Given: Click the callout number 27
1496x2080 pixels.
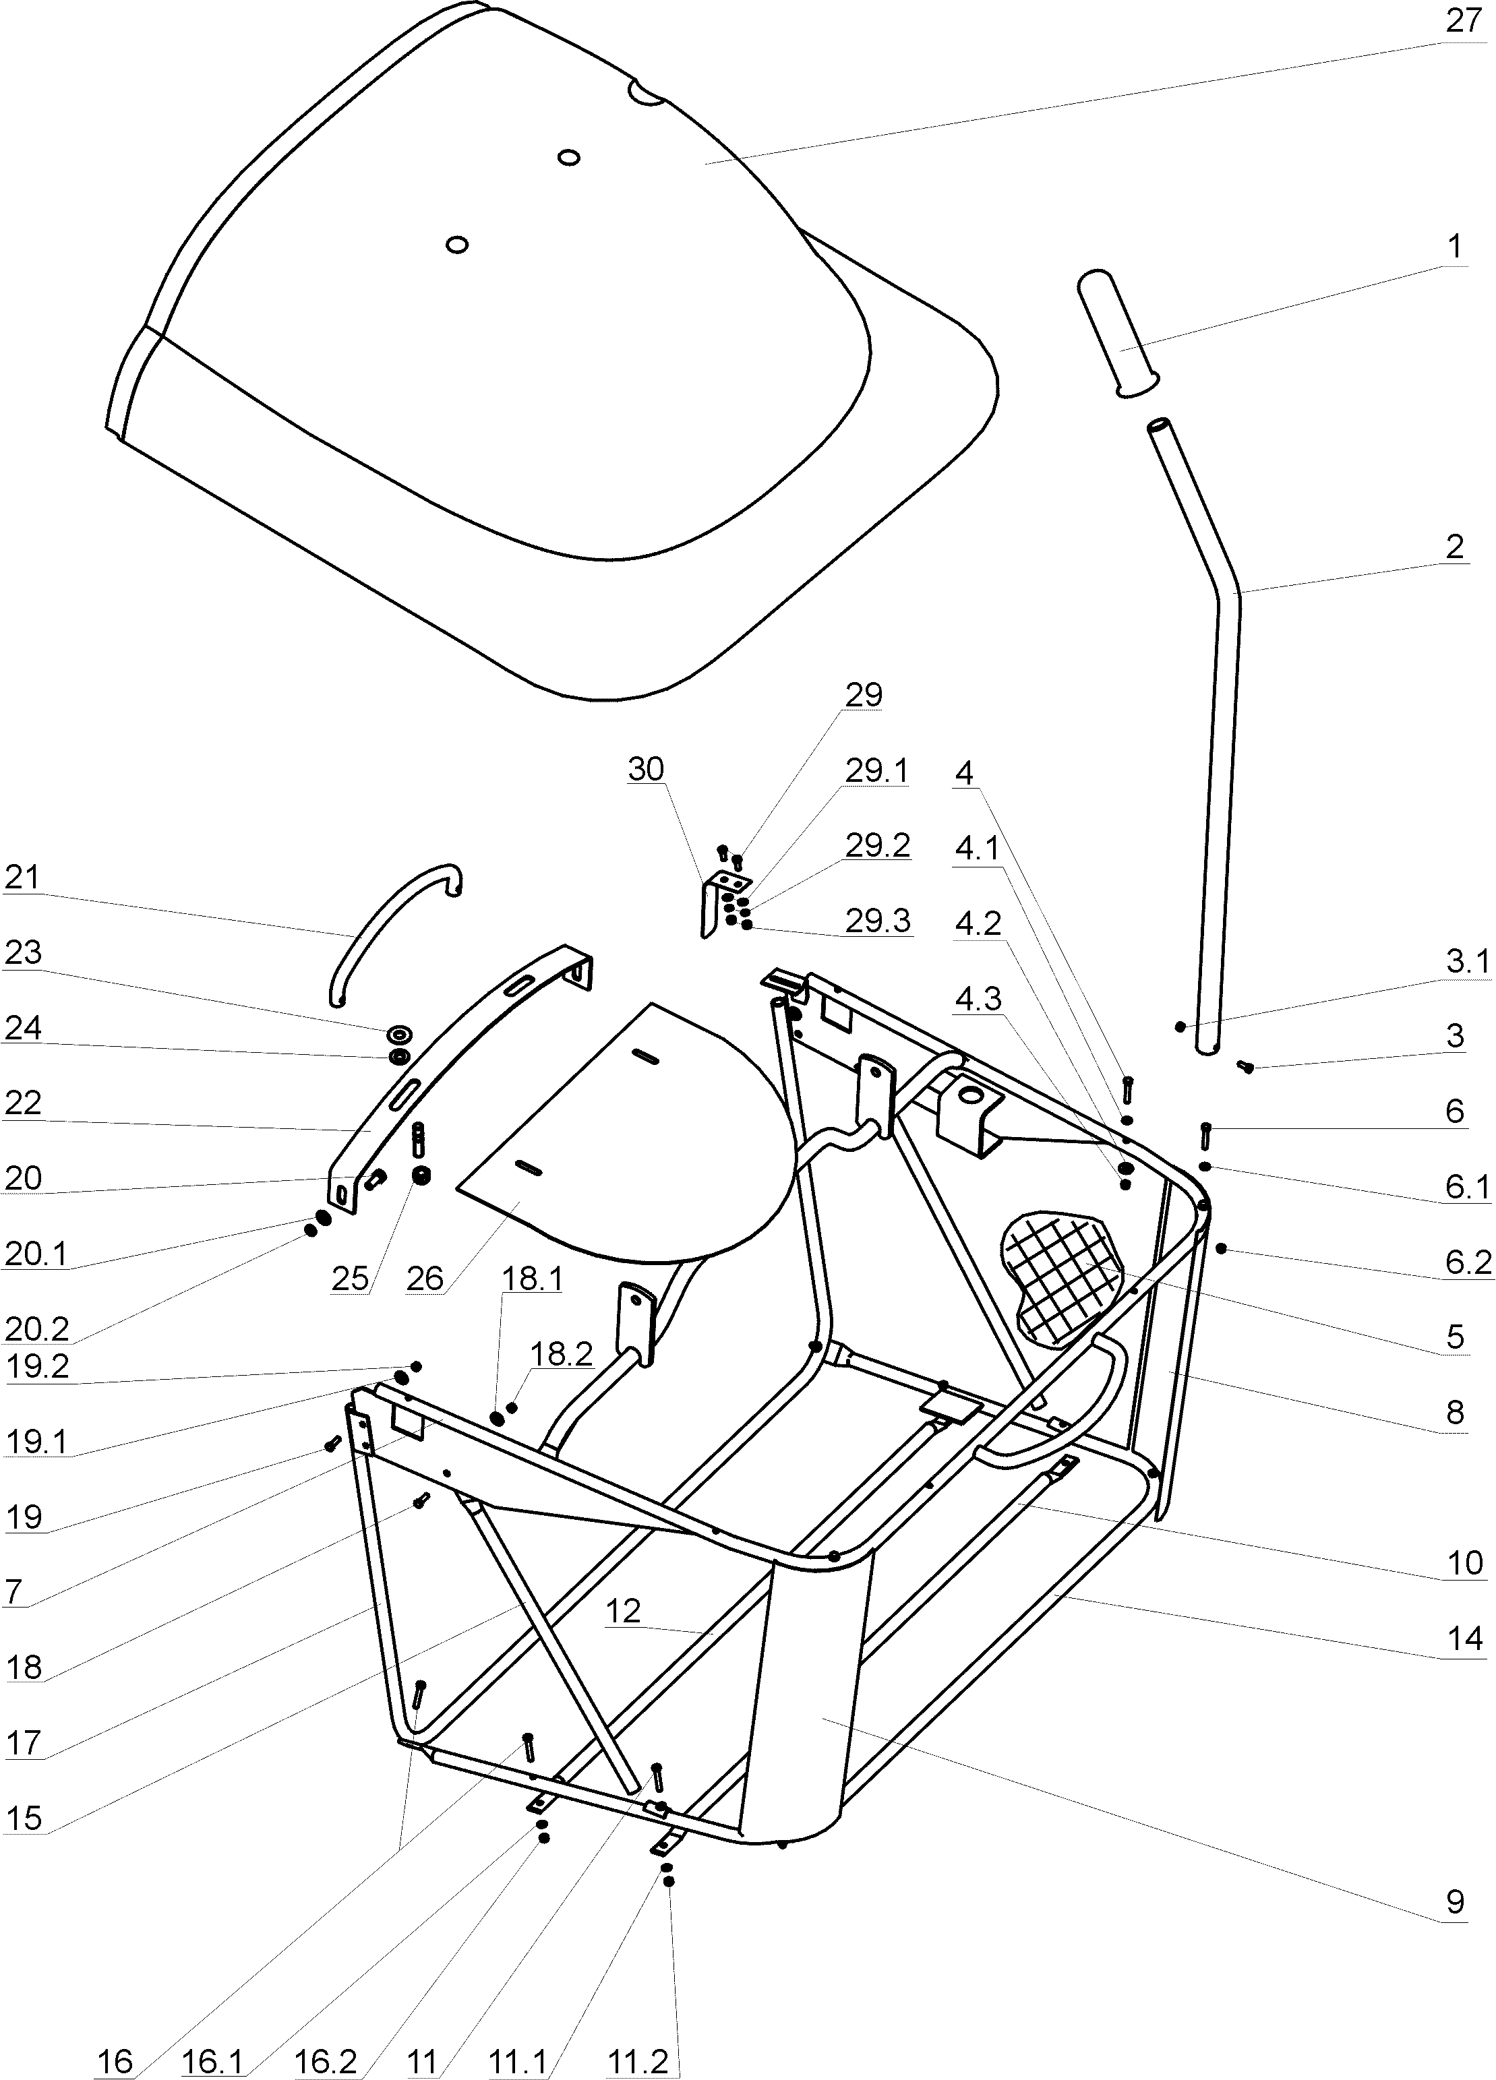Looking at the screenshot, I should (1464, 20).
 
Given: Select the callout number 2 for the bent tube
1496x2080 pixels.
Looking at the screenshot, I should (1454, 547).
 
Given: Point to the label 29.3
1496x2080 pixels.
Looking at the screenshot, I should (878, 921).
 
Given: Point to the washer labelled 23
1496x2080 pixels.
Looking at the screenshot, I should (400, 1035).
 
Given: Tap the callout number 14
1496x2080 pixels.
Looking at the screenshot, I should (1464, 1637).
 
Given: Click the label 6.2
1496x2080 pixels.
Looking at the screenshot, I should (1468, 1262).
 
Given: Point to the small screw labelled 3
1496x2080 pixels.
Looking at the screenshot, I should (1245, 1066).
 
